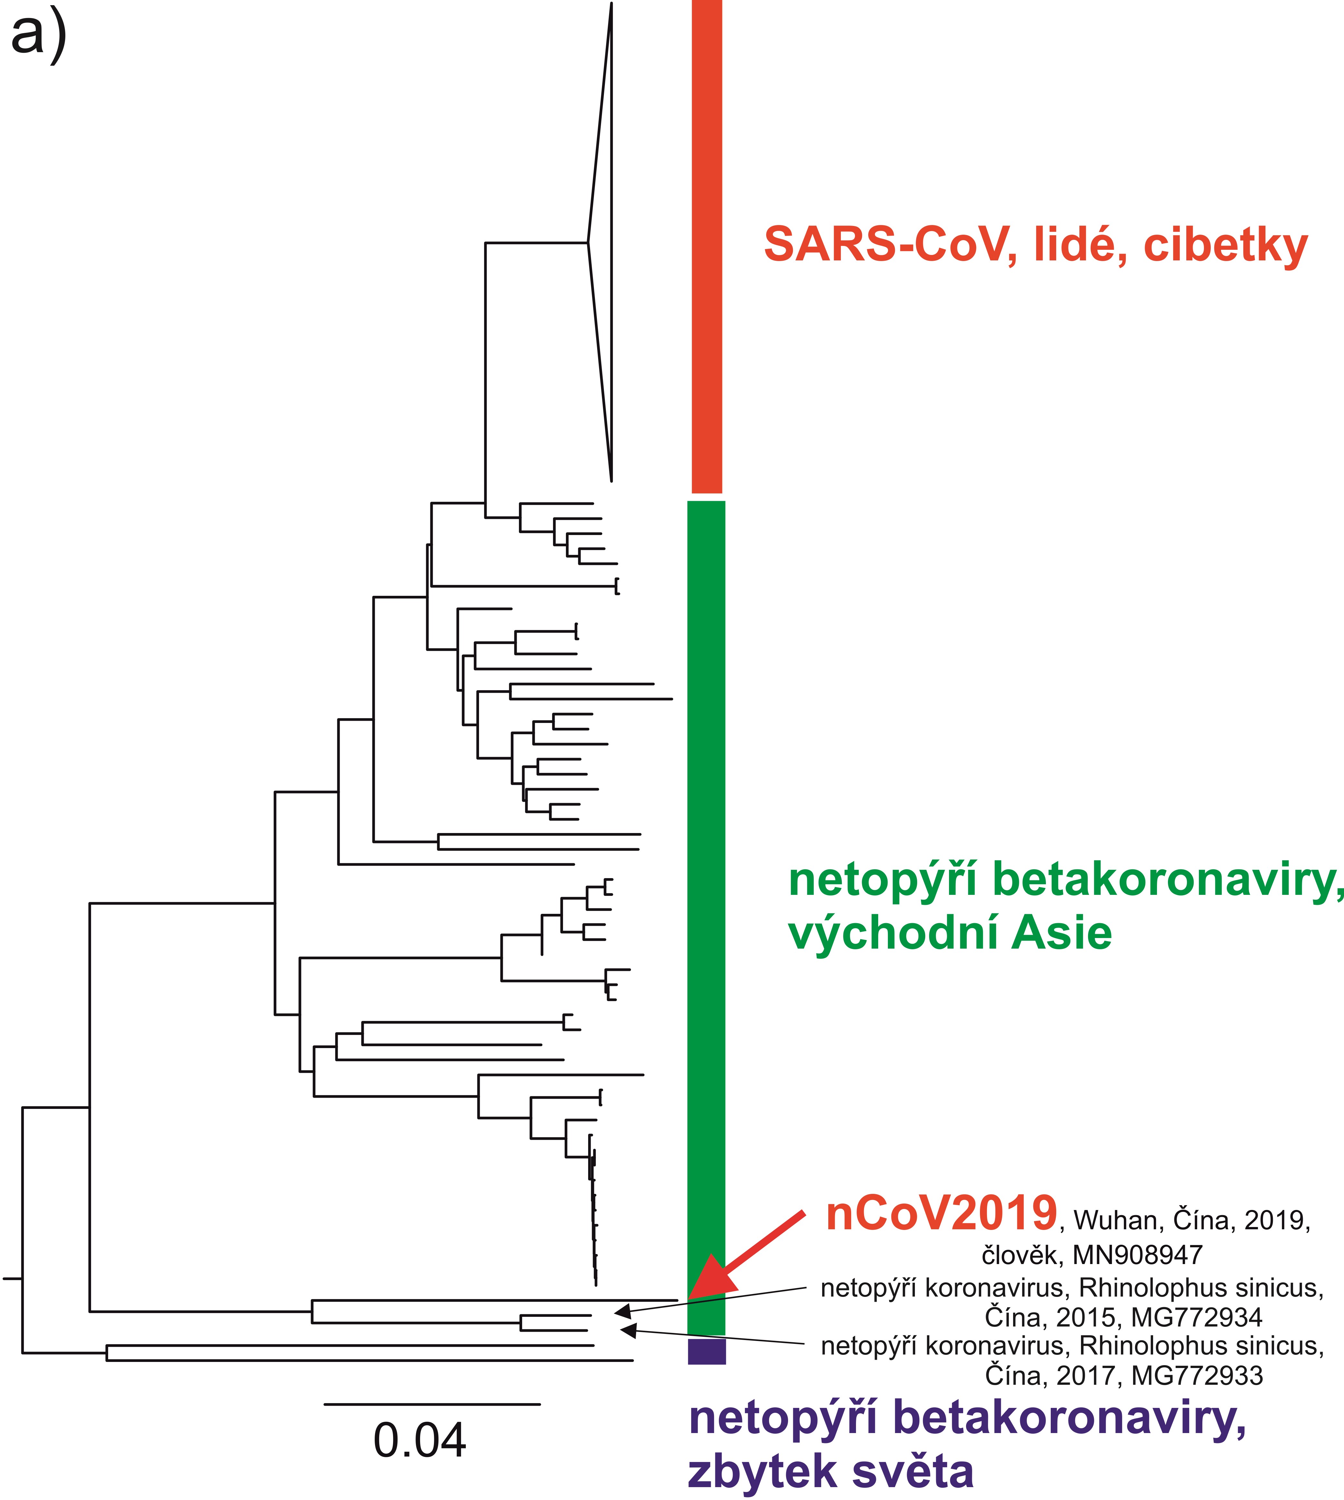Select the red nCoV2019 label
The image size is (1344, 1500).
click(x=942, y=1214)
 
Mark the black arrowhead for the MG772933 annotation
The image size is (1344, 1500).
click(x=628, y=1330)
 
